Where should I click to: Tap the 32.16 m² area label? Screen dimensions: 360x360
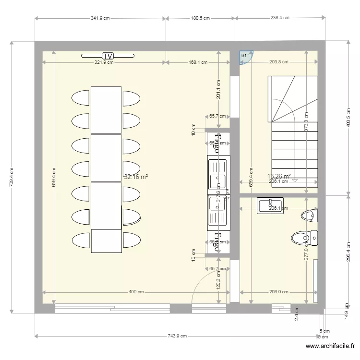(x=136, y=177)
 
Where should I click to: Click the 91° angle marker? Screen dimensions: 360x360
(x=245, y=56)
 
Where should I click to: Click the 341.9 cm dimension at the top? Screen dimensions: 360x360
(x=100, y=18)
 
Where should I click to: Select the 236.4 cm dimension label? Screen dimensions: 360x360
(x=280, y=18)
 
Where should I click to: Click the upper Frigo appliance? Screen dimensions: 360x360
(x=218, y=144)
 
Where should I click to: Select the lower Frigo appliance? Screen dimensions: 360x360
(x=218, y=241)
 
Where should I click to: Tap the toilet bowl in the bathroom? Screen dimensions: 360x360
(x=301, y=237)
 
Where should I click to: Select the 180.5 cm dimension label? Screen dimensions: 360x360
(x=200, y=18)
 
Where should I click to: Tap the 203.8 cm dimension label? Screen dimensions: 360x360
(x=278, y=62)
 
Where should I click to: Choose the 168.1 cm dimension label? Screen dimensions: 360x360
(x=198, y=62)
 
